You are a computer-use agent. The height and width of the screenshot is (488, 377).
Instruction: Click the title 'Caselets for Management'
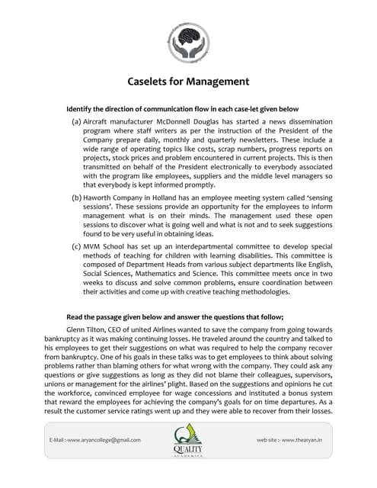point(187,82)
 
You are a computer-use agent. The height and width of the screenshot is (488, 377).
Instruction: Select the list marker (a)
point(77,121)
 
